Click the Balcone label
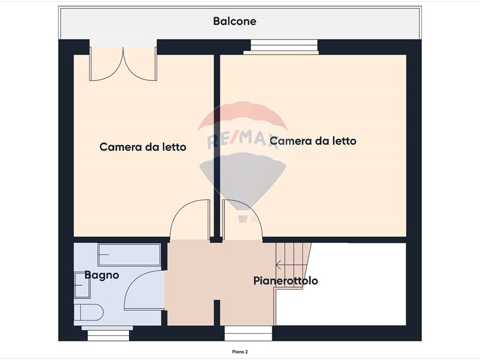pyautogui.click(x=235, y=21)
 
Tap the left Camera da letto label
pyautogui.click(x=143, y=147)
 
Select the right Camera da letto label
pyautogui.click(x=313, y=141)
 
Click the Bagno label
pyautogui.click(x=101, y=275)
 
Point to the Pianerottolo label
pyautogui.click(x=286, y=281)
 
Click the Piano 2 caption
pyautogui.click(x=239, y=352)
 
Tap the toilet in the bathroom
pyautogui.click(x=88, y=312)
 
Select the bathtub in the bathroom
pyautogui.click(x=129, y=254)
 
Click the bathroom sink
pyautogui.click(x=82, y=284)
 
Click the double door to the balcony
pyautogui.click(x=123, y=64)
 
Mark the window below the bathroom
pyautogui.click(x=108, y=334)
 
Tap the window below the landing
pyautogui.click(x=248, y=334)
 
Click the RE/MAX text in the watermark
pyautogui.click(x=243, y=140)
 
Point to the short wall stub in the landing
pyautogui.click(x=217, y=313)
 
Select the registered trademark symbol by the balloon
pyautogui.click(x=254, y=219)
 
